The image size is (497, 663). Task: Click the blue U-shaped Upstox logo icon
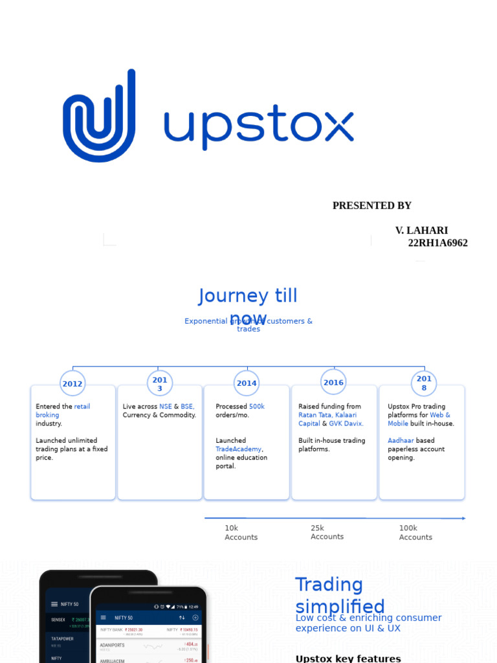(99, 117)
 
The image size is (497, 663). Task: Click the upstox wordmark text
(259, 126)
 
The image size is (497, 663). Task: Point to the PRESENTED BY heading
(371, 206)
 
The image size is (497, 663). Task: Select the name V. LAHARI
(421, 230)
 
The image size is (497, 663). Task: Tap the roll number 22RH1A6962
(437, 243)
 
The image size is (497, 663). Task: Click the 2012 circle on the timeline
(72, 384)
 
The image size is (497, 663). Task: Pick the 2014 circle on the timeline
(247, 383)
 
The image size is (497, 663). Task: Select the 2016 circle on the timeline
(333, 383)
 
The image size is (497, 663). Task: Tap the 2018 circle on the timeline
(424, 383)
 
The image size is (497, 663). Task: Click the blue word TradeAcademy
(238, 449)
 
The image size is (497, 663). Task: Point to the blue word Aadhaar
(401, 441)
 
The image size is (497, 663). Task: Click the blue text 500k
(257, 407)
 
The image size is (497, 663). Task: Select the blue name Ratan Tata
(315, 415)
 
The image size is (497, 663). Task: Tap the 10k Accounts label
(241, 533)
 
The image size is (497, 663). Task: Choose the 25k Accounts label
(327, 532)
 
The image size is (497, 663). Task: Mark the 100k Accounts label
(415, 533)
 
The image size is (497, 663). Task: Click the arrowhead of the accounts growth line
(463, 518)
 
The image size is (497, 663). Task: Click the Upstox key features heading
(348, 658)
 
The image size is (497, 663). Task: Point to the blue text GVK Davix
(346, 423)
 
